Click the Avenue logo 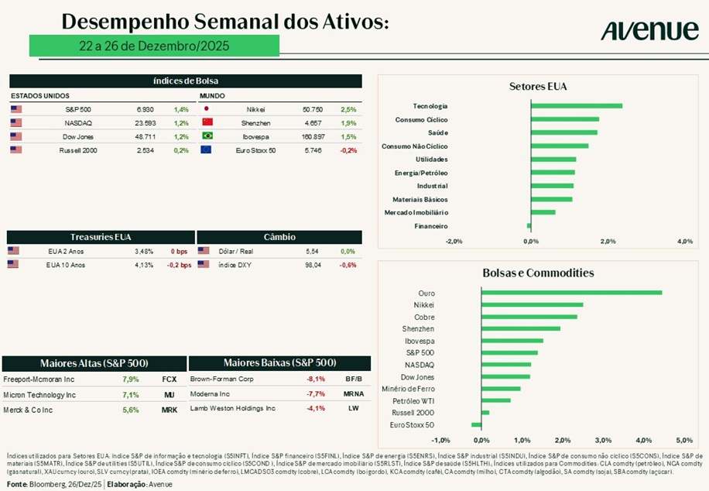pos(649,30)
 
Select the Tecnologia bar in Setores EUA pos(576,106)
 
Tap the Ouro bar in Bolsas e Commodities pos(571,292)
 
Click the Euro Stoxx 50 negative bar pos(476,424)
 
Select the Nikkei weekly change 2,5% pos(348,110)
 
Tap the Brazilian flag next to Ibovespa pos(207,136)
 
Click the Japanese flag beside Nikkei pos(207,110)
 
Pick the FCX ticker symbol pos(170,380)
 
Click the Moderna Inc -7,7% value pos(316,394)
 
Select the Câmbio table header pos(279,237)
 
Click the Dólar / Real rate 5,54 pos(312,252)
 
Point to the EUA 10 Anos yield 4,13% pos(144,265)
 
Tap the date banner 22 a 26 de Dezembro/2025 pos(154,46)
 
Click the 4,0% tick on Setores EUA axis pos(684,242)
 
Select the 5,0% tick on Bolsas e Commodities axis pos(683,441)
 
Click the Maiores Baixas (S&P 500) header pos(279,363)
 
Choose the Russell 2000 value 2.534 pos(145,149)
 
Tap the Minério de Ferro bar pos(501,389)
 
